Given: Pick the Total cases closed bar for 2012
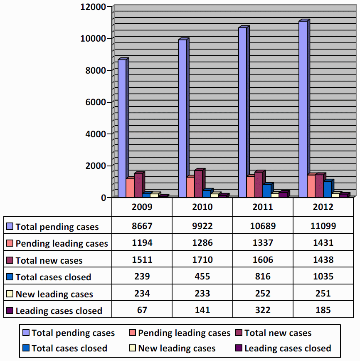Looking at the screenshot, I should (327, 189).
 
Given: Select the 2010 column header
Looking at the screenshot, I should (202, 207).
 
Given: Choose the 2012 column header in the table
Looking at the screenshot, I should (323, 207).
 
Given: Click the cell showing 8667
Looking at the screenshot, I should (142, 226).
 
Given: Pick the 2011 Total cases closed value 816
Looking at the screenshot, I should (263, 277).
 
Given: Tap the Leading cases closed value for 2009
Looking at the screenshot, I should (142, 310).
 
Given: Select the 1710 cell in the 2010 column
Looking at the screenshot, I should (202, 260).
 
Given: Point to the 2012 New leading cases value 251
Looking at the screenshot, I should (323, 294).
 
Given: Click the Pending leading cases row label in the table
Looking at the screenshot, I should (62, 244).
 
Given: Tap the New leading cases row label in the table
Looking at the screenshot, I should (54, 294).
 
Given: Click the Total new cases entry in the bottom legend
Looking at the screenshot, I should (278, 333).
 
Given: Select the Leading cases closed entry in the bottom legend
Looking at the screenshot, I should (288, 349).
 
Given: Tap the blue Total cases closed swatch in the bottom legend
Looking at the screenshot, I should (26, 349).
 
